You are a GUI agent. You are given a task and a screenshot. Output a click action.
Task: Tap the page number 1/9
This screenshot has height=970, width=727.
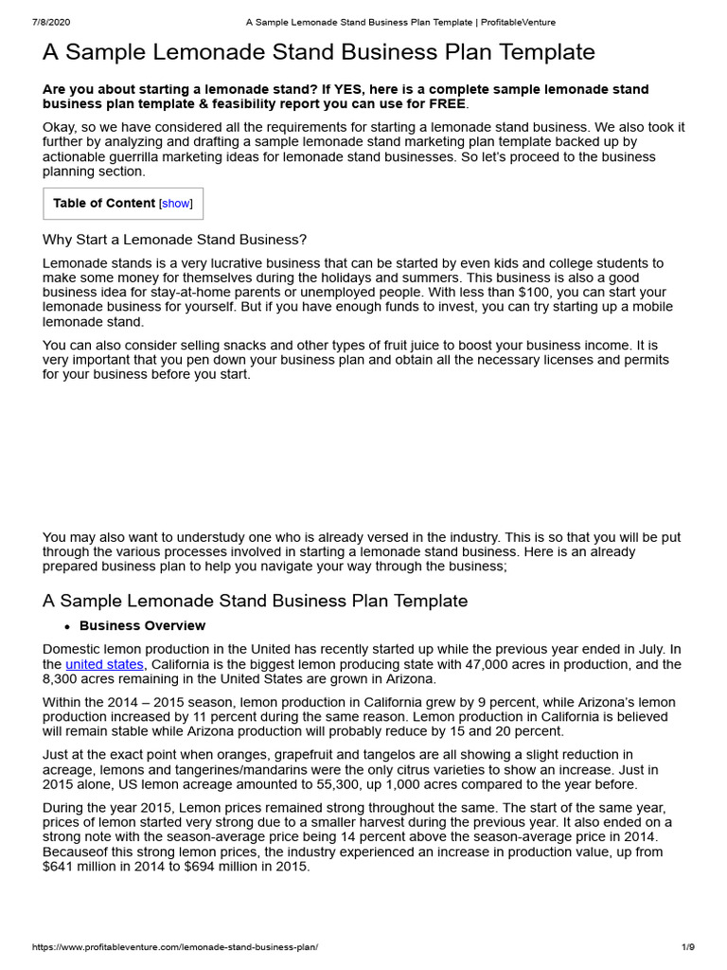coord(688,947)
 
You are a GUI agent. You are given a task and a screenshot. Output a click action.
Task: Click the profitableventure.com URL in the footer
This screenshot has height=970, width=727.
coord(175,947)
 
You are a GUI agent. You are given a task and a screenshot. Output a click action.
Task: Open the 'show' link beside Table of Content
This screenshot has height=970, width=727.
coord(175,204)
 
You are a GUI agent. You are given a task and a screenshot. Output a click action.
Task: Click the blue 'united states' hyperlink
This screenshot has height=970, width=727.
coord(104,664)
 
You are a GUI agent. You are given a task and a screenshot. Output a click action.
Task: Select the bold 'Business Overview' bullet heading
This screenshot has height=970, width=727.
coord(142,626)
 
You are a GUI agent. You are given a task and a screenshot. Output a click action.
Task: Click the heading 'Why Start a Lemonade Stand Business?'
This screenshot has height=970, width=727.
coord(175,240)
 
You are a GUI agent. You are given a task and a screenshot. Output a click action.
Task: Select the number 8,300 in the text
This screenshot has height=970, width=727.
coord(62,679)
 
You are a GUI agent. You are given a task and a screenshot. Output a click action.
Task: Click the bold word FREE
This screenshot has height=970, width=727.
coord(445,104)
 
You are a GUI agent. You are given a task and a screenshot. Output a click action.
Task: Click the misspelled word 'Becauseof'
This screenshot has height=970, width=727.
coord(79,852)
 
